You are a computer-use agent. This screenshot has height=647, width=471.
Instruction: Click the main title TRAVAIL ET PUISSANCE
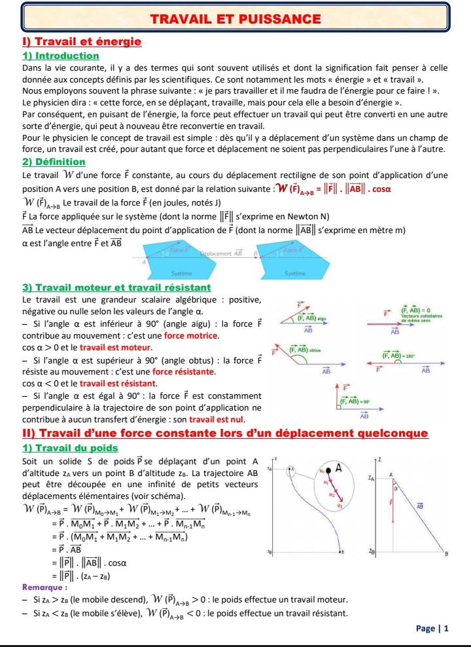click(x=235, y=20)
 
